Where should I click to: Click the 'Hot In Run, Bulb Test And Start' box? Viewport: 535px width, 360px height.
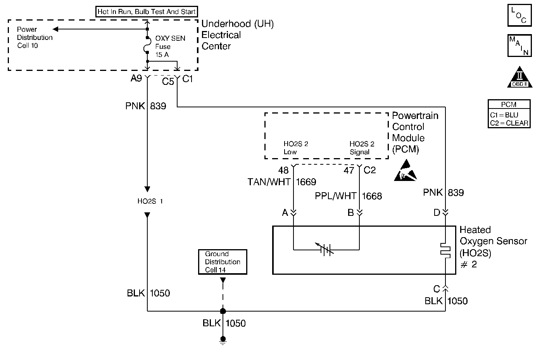pos(147,12)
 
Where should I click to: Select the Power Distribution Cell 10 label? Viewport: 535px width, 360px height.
pos(35,38)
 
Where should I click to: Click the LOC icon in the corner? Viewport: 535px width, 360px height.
pos(519,15)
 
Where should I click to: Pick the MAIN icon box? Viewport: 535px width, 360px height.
pos(519,45)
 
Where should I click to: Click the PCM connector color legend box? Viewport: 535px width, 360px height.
pos(509,114)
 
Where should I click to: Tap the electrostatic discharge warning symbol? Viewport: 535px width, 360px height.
pos(406,173)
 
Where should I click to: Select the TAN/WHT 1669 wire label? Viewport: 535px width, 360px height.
pos(282,182)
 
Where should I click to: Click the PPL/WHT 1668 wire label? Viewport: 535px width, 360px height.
pos(348,196)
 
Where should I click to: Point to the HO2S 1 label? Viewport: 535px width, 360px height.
pos(150,201)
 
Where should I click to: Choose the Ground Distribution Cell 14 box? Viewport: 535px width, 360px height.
pos(223,262)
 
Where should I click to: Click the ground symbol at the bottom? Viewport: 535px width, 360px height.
pos(223,340)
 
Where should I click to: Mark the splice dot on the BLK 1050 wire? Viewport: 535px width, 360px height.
pos(223,311)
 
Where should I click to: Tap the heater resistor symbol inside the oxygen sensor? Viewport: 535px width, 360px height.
pos(445,250)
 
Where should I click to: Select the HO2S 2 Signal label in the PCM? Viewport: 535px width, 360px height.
pos(362,148)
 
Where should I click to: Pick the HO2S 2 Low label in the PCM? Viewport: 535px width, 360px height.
pos(295,148)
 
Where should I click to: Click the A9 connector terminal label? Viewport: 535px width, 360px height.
pos(136,79)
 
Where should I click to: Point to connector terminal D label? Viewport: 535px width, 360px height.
pos(437,212)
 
